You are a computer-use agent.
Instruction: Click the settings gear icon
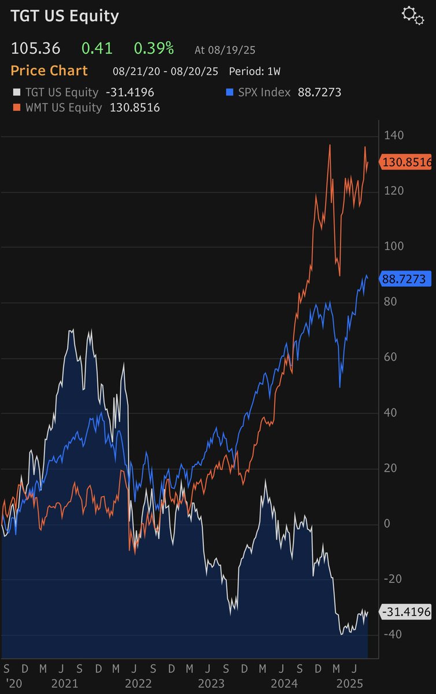[x=412, y=16]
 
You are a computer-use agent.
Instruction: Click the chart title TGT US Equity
[x=65, y=16]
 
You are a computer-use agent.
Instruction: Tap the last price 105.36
[x=35, y=49]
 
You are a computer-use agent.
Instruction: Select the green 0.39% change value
[x=154, y=49]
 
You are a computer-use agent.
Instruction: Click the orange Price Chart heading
[x=49, y=71]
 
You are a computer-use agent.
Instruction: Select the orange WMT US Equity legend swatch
[x=16, y=108]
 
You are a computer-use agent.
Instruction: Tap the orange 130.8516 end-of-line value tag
[x=407, y=163]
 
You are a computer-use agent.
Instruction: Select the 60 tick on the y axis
[x=391, y=357]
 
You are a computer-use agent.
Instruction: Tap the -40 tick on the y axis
[x=393, y=634]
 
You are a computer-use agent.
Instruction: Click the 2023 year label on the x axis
[x=211, y=684]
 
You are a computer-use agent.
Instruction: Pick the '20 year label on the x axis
[x=12, y=684]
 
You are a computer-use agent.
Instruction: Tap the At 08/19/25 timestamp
[x=224, y=50]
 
